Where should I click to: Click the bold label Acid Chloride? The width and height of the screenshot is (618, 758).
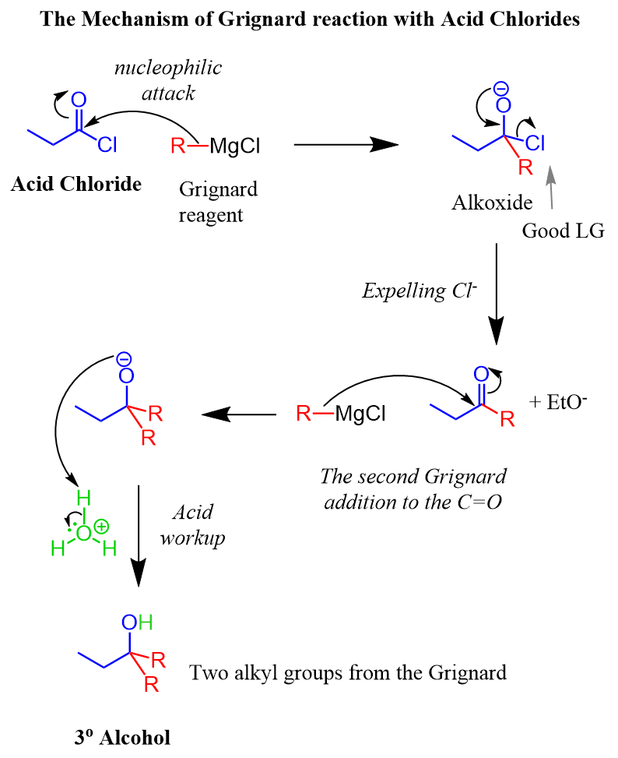[76, 185]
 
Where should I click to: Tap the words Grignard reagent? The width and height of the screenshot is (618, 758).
[218, 200]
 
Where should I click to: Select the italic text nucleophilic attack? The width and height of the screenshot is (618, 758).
[167, 79]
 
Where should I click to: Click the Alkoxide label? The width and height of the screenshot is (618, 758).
[492, 204]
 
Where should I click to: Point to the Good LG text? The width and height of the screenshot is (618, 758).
[563, 231]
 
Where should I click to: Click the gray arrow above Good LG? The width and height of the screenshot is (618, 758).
[553, 187]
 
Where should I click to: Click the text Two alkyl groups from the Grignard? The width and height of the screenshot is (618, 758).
[348, 672]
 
